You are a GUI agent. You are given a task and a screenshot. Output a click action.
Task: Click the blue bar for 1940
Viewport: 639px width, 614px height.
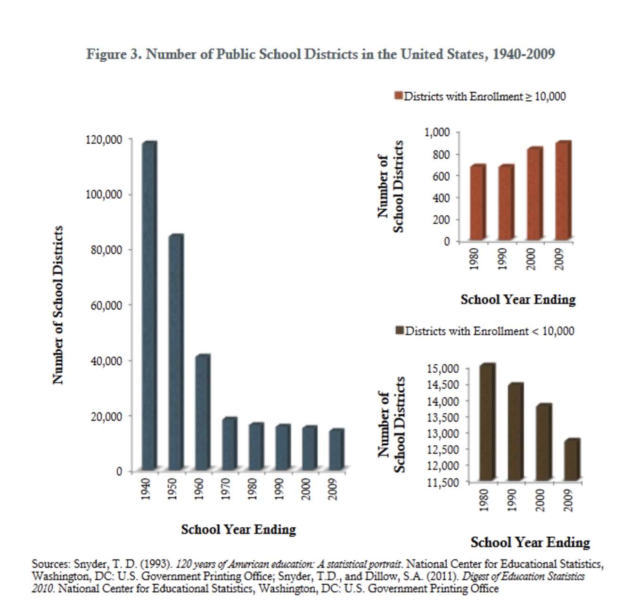[x=149, y=306]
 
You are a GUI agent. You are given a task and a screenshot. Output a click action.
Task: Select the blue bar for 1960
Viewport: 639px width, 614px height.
[x=202, y=413]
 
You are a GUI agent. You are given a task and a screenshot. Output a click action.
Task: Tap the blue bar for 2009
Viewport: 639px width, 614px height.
[x=336, y=450]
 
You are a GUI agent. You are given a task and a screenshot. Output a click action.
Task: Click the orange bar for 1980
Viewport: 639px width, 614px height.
[x=477, y=203]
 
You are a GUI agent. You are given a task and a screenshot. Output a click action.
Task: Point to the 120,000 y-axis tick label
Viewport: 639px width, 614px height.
[x=104, y=139]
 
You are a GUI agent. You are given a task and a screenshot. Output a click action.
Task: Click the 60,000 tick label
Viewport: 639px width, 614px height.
[x=106, y=305]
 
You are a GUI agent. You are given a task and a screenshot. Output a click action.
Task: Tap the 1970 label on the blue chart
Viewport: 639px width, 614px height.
[x=226, y=489]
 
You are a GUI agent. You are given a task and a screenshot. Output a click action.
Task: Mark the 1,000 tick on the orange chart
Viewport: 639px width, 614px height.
[x=437, y=132]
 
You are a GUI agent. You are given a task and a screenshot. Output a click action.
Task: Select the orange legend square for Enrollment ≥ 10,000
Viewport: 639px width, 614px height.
[x=398, y=96]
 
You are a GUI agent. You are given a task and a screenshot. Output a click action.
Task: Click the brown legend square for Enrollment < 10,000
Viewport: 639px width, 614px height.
[x=400, y=331]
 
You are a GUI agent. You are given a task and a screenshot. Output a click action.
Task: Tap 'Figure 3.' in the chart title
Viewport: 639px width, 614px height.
[x=114, y=54]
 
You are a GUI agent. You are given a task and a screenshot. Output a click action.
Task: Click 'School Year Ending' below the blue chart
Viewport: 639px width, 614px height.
[x=238, y=530]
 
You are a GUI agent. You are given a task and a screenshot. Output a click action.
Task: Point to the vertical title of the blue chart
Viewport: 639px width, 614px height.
[x=57, y=305]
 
